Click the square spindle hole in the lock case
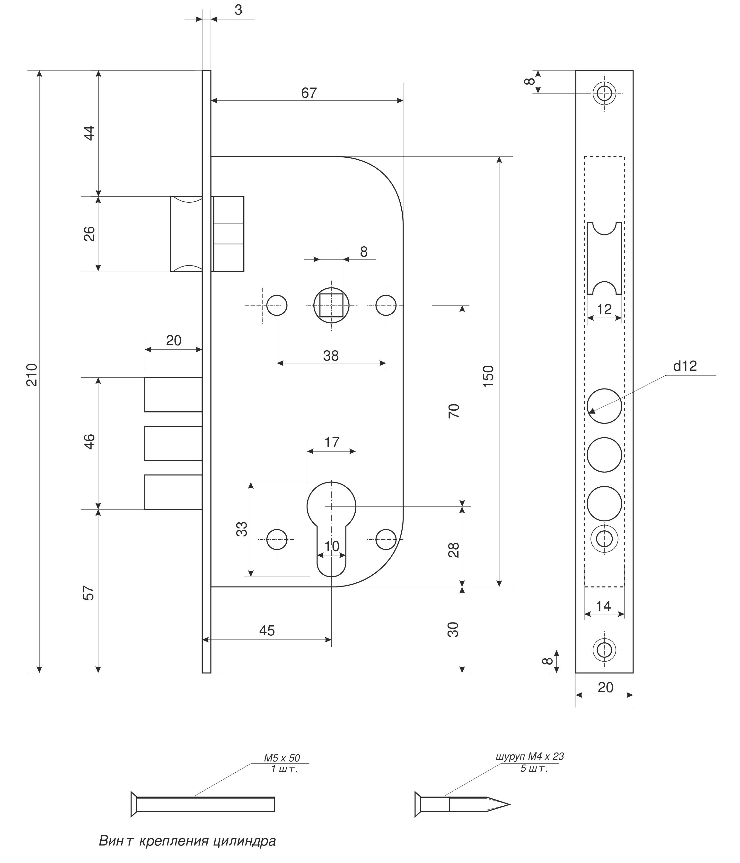tap(331, 305)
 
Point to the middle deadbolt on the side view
tap(173, 443)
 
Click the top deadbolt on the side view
tap(173, 394)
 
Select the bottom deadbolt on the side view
tap(173, 492)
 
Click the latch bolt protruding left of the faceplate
tap(186, 234)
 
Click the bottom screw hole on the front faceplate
tap(604, 650)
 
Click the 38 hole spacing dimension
tap(331, 356)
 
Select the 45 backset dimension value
tap(267, 630)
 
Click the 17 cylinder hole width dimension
tap(332, 442)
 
